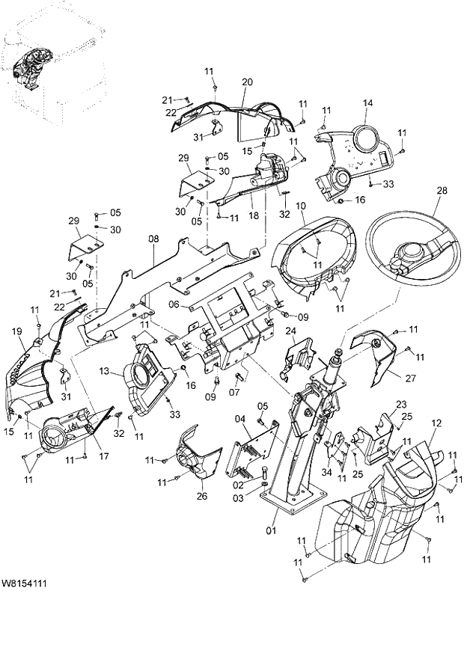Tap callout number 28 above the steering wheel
coord(442,191)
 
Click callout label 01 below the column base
coord(271,531)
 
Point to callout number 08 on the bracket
coord(153,239)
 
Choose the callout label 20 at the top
coord(247,82)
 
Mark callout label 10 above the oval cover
coord(300,206)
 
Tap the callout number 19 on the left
coord(16,330)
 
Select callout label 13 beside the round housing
coord(104,371)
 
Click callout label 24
coord(290,331)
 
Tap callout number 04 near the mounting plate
coord(240,419)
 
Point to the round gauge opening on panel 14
coord(367,139)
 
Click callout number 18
coord(254,215)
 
